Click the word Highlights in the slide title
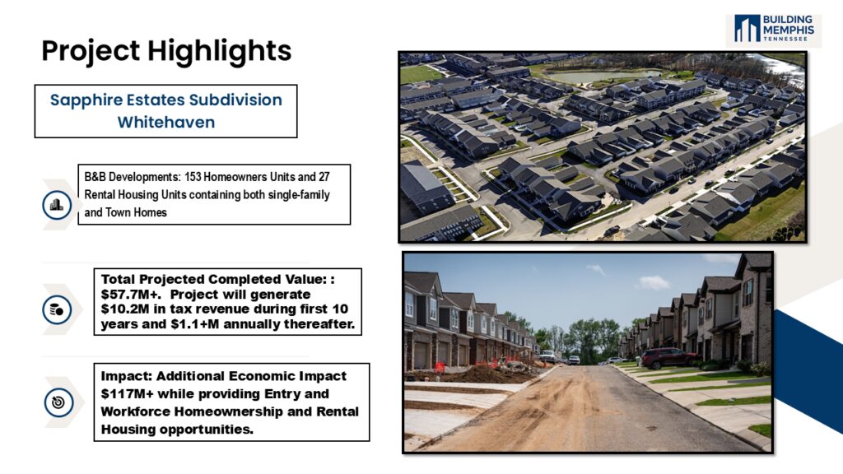[x=219, y=52]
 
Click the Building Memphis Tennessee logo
[x=774, y=29]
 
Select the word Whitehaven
[x=166, y=123]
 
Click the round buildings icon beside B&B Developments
[x=57, y=205]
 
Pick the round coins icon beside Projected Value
[x=57, y=309]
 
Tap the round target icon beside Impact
[x=58, y=402]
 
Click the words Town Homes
[x=136, y=212]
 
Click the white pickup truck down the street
[x=547, y=356]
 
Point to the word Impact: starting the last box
[x=127, y=376]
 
